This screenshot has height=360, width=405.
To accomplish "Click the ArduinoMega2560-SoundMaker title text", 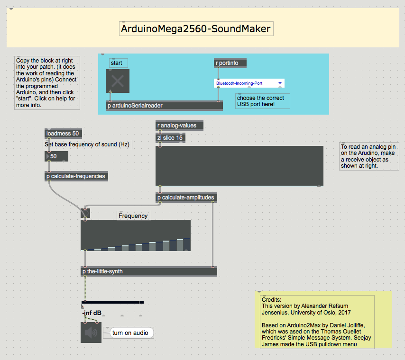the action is pos(196,28).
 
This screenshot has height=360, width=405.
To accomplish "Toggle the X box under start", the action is pos(118,81).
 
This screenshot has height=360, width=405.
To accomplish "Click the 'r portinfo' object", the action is pos(230,63).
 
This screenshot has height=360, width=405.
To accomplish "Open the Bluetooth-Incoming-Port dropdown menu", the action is pos(249,83).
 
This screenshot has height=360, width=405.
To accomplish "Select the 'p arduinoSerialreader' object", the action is pos(164,106).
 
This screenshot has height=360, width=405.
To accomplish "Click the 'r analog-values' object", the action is pos(179,126).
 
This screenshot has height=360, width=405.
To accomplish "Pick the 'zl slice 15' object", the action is pos(170,138).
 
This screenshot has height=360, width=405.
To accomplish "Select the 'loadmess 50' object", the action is pos(63,134).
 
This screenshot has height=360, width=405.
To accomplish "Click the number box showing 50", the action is pos(56,156).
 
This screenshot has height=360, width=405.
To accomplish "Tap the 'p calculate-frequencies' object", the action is pos(76,176).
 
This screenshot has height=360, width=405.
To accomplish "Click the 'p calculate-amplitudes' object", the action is pos(186,198).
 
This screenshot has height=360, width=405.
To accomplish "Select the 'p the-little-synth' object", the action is pos(149,271).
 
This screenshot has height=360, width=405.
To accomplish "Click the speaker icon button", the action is pos(91,333).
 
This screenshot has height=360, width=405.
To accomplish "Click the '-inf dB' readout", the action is pos(92,313).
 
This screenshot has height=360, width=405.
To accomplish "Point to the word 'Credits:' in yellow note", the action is pos(271,300).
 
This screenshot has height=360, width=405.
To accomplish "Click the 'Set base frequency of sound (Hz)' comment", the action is pos(87,144).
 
